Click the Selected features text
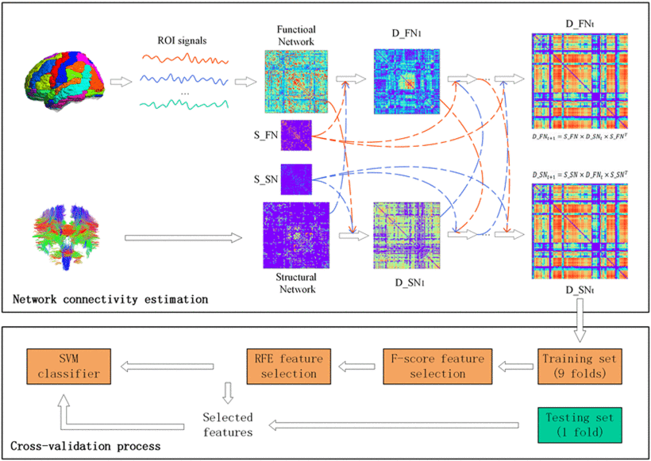228,425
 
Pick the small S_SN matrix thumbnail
296,180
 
